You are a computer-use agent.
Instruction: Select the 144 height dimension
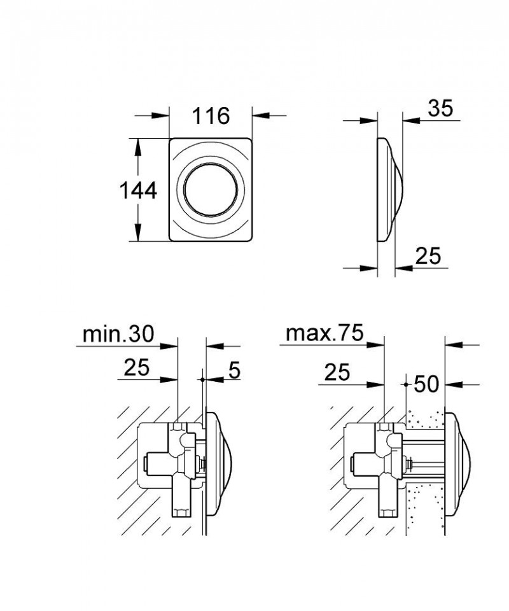pos(138,190)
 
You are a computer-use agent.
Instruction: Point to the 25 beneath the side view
pos(428,256)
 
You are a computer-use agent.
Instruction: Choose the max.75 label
pos(324,333)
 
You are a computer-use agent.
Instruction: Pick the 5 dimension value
pos(234,370)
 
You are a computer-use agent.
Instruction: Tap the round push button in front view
pos(211,190)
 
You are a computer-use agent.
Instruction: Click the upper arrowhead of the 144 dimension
pos(138,144)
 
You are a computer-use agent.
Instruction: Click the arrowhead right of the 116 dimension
pos(260,116)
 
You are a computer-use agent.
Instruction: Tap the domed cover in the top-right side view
pos(390,190)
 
